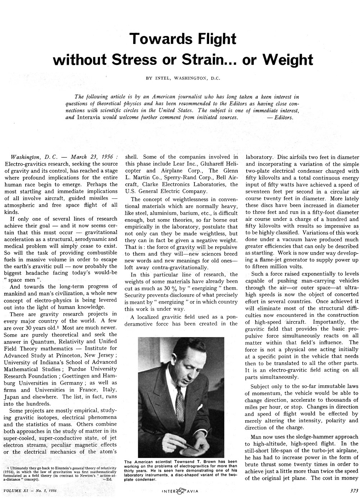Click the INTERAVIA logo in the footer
pos(180,490)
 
